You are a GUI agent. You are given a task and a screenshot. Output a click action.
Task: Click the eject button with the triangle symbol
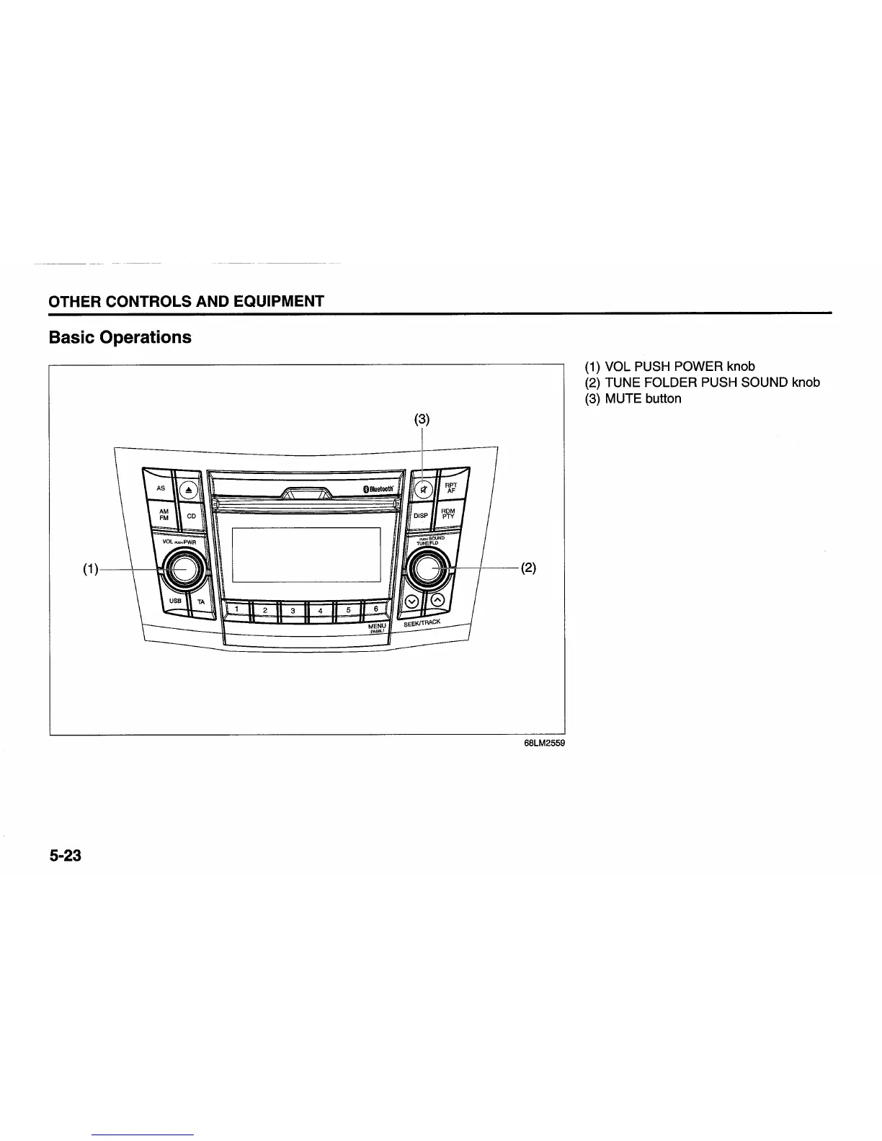(x=189, y=489)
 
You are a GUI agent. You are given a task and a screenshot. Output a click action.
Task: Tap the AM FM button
(x=163, y=514)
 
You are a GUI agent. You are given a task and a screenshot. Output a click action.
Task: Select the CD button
(x=191, y=516)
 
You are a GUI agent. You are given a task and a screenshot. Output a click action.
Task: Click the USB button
(x=174, y=601)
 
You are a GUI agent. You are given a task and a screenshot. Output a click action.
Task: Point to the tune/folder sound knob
(x=428, y=569)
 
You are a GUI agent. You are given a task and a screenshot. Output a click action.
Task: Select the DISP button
(x=421, y=516)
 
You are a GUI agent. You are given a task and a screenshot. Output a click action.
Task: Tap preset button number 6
(x=375, y=609)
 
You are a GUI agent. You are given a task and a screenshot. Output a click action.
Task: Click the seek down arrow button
(x=411, y=601)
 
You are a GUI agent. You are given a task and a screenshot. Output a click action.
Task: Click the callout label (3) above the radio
(x=422, y=419)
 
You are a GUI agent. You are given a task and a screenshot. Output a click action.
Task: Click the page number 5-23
(x=66, y=856)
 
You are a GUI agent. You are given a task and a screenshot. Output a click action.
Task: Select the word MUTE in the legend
(x=623, y=398)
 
